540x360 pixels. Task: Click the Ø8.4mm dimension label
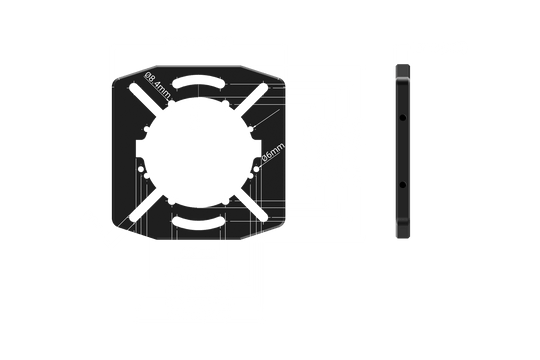pyautogui.click(x=157, y=85)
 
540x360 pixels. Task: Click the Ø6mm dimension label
pyautogui.click(x=273, y=152)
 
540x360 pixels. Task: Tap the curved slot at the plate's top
pyautogui.click(x=198, y=82)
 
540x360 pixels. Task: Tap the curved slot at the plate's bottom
pyautogui.click(x=198, y=222)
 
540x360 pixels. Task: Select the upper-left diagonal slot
pyautogui.click(x=146, y=100)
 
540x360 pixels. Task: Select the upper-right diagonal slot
pyautogui.click(x=251, y=100)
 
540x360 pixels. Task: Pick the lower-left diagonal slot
pyautogui.click(x=146, y=205)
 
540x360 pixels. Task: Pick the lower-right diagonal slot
pyautogui.click(x=251, y=205)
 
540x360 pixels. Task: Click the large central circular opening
pyautogui.click(x=199, y=152)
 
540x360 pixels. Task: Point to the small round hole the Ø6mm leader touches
pyautogui.click(x=257, y=169)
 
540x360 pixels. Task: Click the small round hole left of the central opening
pyautogui.click(x=141, y=169)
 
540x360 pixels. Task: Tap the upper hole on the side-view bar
pyautogui.click(x=402, y=118)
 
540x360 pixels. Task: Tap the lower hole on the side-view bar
pyautogui.click(x=402, y=185)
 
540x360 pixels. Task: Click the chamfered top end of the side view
pyautogui.click(x=403, y=71)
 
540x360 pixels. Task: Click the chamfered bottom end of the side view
pyautogui.click(x=403, y=229)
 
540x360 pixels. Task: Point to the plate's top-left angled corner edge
pyautogui.click(x=135, y=73)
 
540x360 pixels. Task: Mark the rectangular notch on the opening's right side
pyautogui.click(x=258, y=149)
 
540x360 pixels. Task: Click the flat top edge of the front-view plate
pyautogui.click(x=199, y=66)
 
